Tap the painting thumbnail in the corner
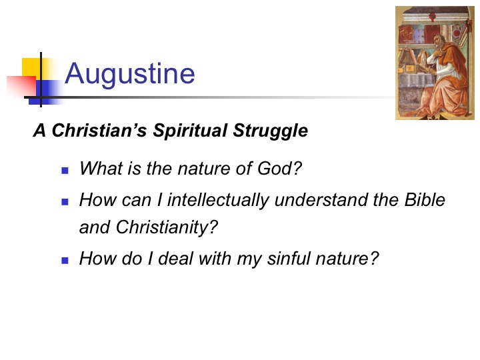[x=435, y=63]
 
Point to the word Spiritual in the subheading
[x=190, y=131]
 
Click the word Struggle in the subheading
[x=270, y=131]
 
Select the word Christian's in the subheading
[x=99, y=131]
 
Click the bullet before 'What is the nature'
[x=65, y=170]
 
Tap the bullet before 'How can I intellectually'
[x=65, y=202]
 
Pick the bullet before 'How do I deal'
[x=65, y=261]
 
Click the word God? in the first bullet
[x=279, y=169]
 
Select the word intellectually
[x=218, y=200]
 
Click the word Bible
[x=425, y=199]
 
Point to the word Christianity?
[x=167, y=227]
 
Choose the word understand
[x=321, y=199]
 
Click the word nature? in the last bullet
[x=347, y=259]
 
